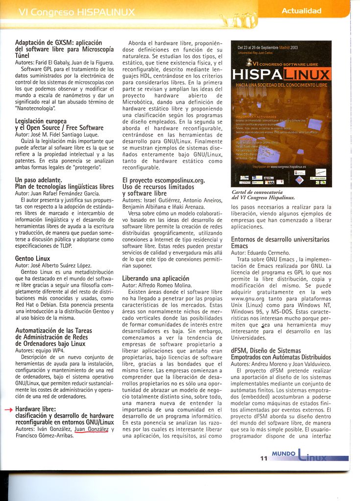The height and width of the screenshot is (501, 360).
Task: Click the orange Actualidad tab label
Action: pos(301,10)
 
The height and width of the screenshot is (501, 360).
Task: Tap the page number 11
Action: pos(264,458)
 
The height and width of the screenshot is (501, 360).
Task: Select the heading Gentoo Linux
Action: pos(32,258)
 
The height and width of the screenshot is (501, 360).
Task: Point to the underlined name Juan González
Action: pos(91,429)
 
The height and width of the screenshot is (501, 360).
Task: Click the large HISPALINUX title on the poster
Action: pos(281,74)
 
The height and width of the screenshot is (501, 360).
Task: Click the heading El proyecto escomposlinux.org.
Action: pos(163,180)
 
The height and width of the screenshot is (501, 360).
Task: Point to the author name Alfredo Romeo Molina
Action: pos(165,285)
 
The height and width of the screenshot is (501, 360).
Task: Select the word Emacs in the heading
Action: pos(240,246)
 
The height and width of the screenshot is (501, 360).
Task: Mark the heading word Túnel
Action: pos(23,56)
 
